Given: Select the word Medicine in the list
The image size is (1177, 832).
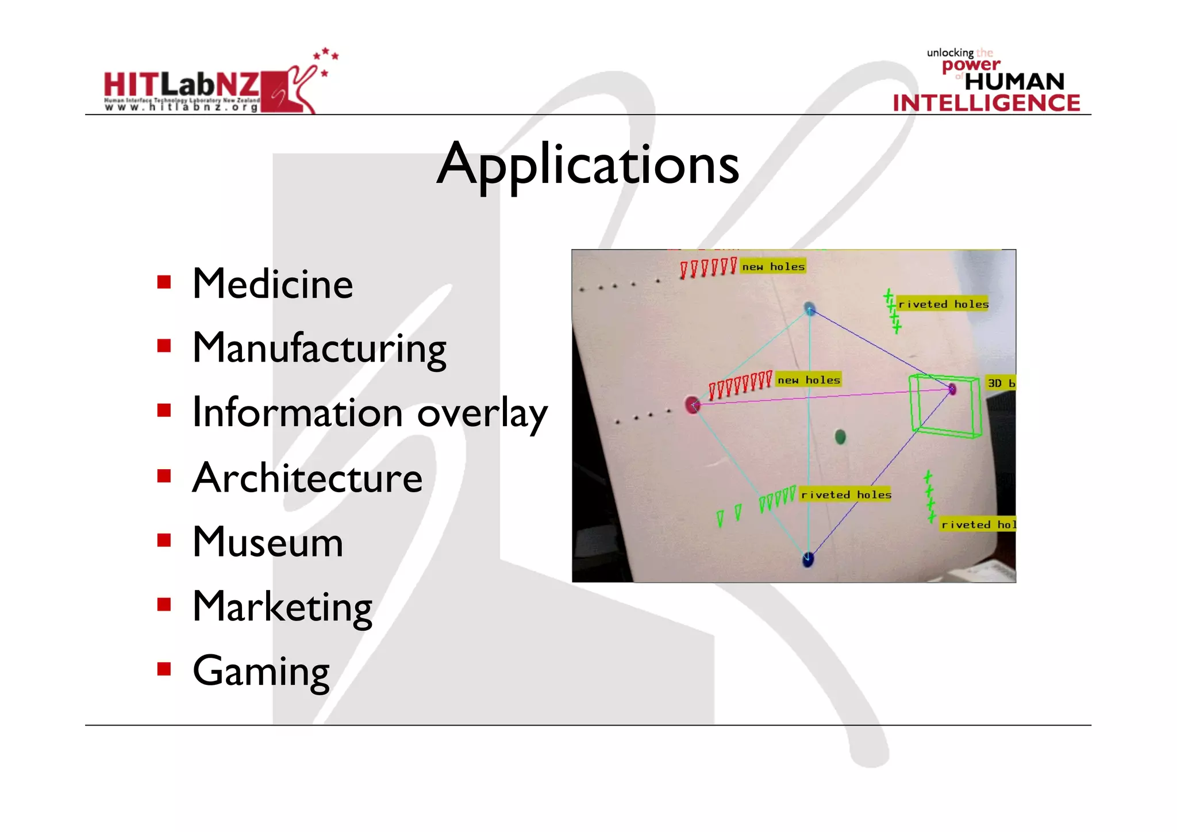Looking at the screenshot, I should point(272,284).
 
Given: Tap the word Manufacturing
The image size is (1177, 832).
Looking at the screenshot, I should point(319,348).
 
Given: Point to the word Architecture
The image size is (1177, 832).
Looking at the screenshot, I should point(307,478).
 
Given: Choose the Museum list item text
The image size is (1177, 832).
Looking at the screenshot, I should point(268,542).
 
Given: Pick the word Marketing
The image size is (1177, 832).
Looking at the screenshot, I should point(282,607).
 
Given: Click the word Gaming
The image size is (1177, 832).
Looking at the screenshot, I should point(261,672).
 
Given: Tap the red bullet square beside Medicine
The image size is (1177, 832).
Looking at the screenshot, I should point(164,282).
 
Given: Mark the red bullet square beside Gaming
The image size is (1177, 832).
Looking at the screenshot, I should point(164,669).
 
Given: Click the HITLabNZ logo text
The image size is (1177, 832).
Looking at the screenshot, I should point(182,85).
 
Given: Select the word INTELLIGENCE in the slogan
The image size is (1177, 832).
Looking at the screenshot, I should point(986,103).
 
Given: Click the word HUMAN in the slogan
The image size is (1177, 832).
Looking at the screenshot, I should point(1014,82).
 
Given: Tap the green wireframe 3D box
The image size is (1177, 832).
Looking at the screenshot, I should point(945,405).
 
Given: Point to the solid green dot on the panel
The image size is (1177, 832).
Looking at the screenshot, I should point(840,437).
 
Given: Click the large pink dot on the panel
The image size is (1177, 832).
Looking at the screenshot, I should point(693,404).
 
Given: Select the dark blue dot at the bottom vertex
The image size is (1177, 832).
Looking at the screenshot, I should point(807,559).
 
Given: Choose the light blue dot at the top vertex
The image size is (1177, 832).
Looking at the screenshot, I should point(810,308).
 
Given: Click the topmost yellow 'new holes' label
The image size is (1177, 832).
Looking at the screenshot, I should point(773,266).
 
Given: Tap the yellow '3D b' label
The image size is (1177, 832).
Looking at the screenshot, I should point(1001,383).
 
